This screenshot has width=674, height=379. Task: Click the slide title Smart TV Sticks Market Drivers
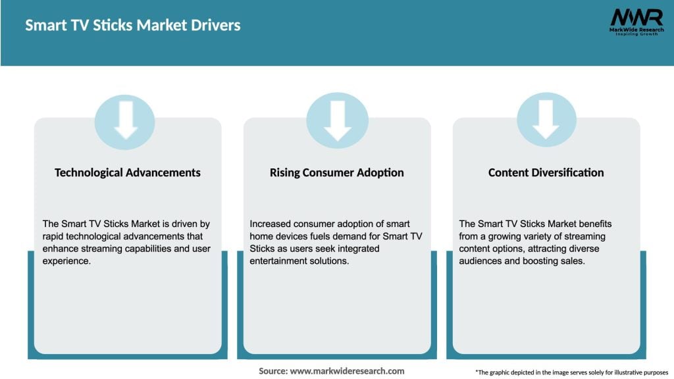(x=133, y=26)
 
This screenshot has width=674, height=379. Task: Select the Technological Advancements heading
(x=128, y=172)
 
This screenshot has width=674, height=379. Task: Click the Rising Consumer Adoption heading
(x=336, y=172)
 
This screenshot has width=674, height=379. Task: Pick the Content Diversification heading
(x=546, y=172)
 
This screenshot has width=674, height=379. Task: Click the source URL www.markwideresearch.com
(x=347, y=371)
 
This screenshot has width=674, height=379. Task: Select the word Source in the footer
(x=272, y=371)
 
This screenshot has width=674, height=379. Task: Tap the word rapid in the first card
(x=55, y=236)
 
